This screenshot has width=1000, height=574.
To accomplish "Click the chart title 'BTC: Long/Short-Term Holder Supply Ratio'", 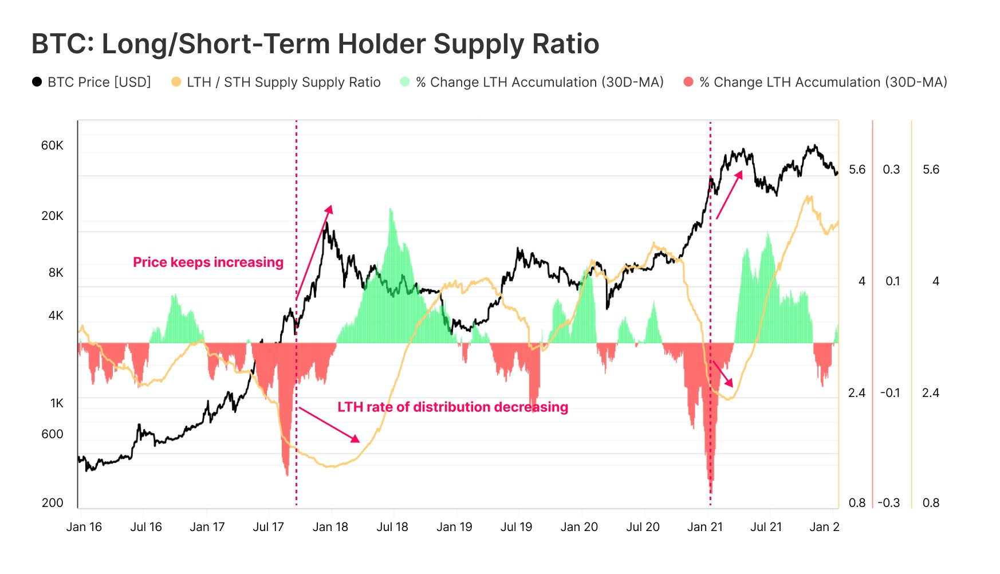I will pos(315,44).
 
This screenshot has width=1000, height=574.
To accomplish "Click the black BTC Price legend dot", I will pos(37,82).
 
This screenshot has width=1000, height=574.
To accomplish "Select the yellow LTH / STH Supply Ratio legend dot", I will pos(176,82).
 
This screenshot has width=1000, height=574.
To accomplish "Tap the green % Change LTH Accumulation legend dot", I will pos(405,82).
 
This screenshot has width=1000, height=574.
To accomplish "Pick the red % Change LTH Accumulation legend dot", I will pos(688,82).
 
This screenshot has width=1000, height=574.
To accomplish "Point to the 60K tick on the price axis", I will pos(52,146).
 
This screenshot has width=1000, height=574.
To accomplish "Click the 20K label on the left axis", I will pos(52,216).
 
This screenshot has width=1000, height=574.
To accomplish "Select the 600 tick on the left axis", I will pos(52,434).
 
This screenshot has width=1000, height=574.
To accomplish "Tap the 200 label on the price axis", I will pos(52,503).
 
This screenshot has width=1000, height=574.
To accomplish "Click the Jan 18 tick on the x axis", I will pos(330,527).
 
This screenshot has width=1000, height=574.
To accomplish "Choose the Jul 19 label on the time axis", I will pos(516,527).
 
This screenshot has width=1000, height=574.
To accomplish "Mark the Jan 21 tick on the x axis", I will pos(705,527).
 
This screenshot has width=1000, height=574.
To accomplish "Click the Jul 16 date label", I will pos(146,527).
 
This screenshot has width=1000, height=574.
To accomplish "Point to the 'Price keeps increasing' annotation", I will pos(208,262).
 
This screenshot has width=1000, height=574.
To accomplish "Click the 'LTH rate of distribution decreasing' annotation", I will pos(452,407).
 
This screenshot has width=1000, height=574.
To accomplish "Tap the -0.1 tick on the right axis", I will pos(890,393).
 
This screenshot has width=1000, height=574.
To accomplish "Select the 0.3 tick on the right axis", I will pos(891,170).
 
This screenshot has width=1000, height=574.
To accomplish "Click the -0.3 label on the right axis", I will pos(889,503).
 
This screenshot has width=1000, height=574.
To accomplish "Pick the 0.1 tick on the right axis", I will pos(892,281).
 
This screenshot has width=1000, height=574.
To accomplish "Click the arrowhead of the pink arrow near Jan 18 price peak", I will pos(329,209).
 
